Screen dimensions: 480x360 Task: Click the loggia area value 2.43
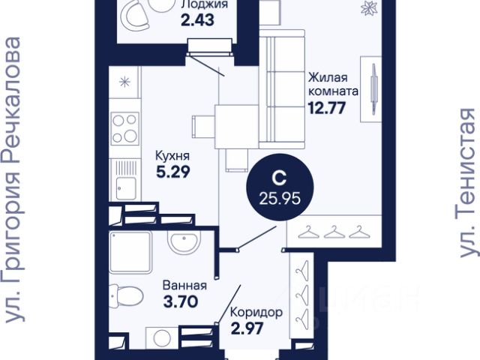197,20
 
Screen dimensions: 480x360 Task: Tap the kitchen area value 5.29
173,172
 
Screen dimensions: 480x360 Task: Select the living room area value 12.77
327,108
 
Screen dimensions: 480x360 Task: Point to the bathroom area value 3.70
181,301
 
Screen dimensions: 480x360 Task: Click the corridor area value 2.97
247,328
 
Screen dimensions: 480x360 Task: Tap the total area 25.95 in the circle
280,199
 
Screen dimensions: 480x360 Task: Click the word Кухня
172,155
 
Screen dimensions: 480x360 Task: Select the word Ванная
185,285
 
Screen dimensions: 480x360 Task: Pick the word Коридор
256,313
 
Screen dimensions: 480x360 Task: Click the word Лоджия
200,4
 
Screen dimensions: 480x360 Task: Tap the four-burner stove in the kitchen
124,128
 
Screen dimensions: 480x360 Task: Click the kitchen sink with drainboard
126,180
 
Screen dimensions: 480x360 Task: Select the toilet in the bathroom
126,296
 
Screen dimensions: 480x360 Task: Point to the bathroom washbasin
184,241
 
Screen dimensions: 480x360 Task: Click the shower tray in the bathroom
130,252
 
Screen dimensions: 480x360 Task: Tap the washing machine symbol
162,338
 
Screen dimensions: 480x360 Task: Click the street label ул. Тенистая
468,183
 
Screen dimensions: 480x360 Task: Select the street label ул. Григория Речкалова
13,180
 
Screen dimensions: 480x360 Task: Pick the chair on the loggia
135,14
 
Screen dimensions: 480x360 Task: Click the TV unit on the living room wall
371,89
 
